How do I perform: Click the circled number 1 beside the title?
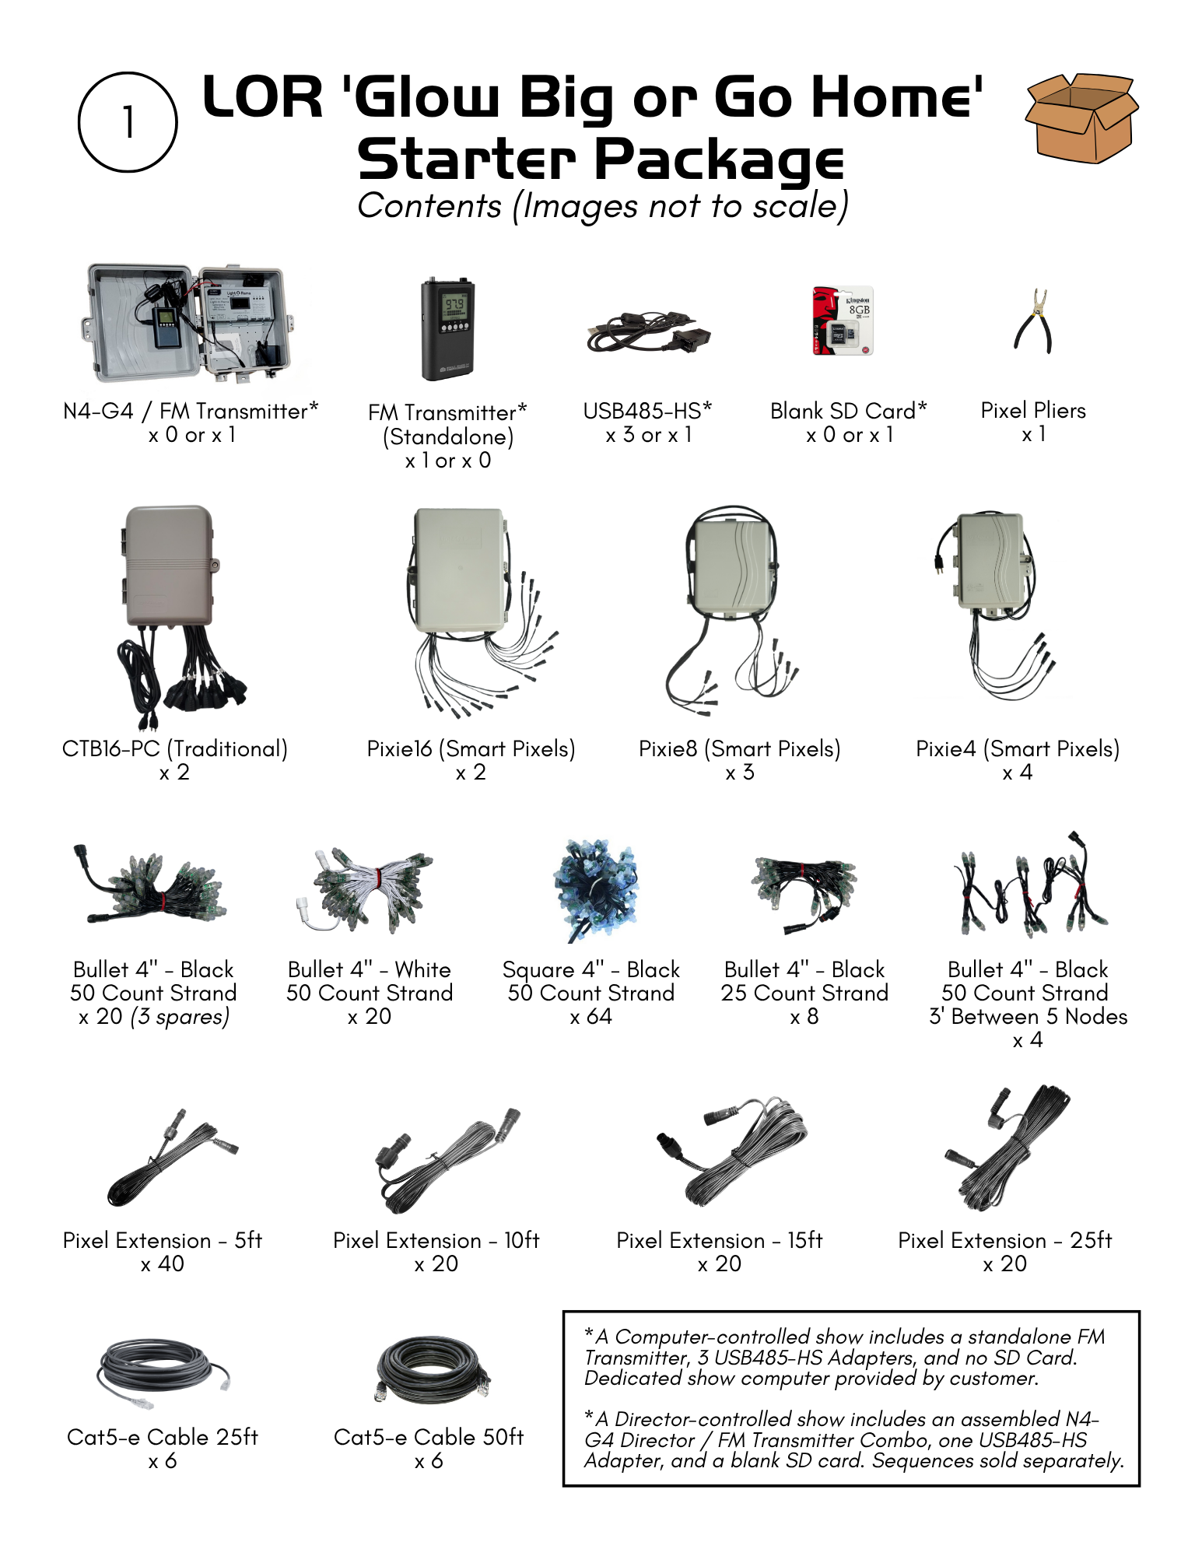coord(128,122)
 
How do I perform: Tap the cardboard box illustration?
coord(1081,118)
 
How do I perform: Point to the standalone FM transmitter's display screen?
coord(454,304)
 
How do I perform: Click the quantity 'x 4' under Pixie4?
coord(1017,773)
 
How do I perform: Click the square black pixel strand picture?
coord(596,889)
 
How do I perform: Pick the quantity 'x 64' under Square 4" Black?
coord(590,1017)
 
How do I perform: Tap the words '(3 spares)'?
coord(180,1017)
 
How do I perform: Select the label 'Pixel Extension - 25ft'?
coord(1004,1240)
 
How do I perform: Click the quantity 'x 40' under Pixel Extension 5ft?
coord(163,1264)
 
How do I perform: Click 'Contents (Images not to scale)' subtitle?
coord(602,206)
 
